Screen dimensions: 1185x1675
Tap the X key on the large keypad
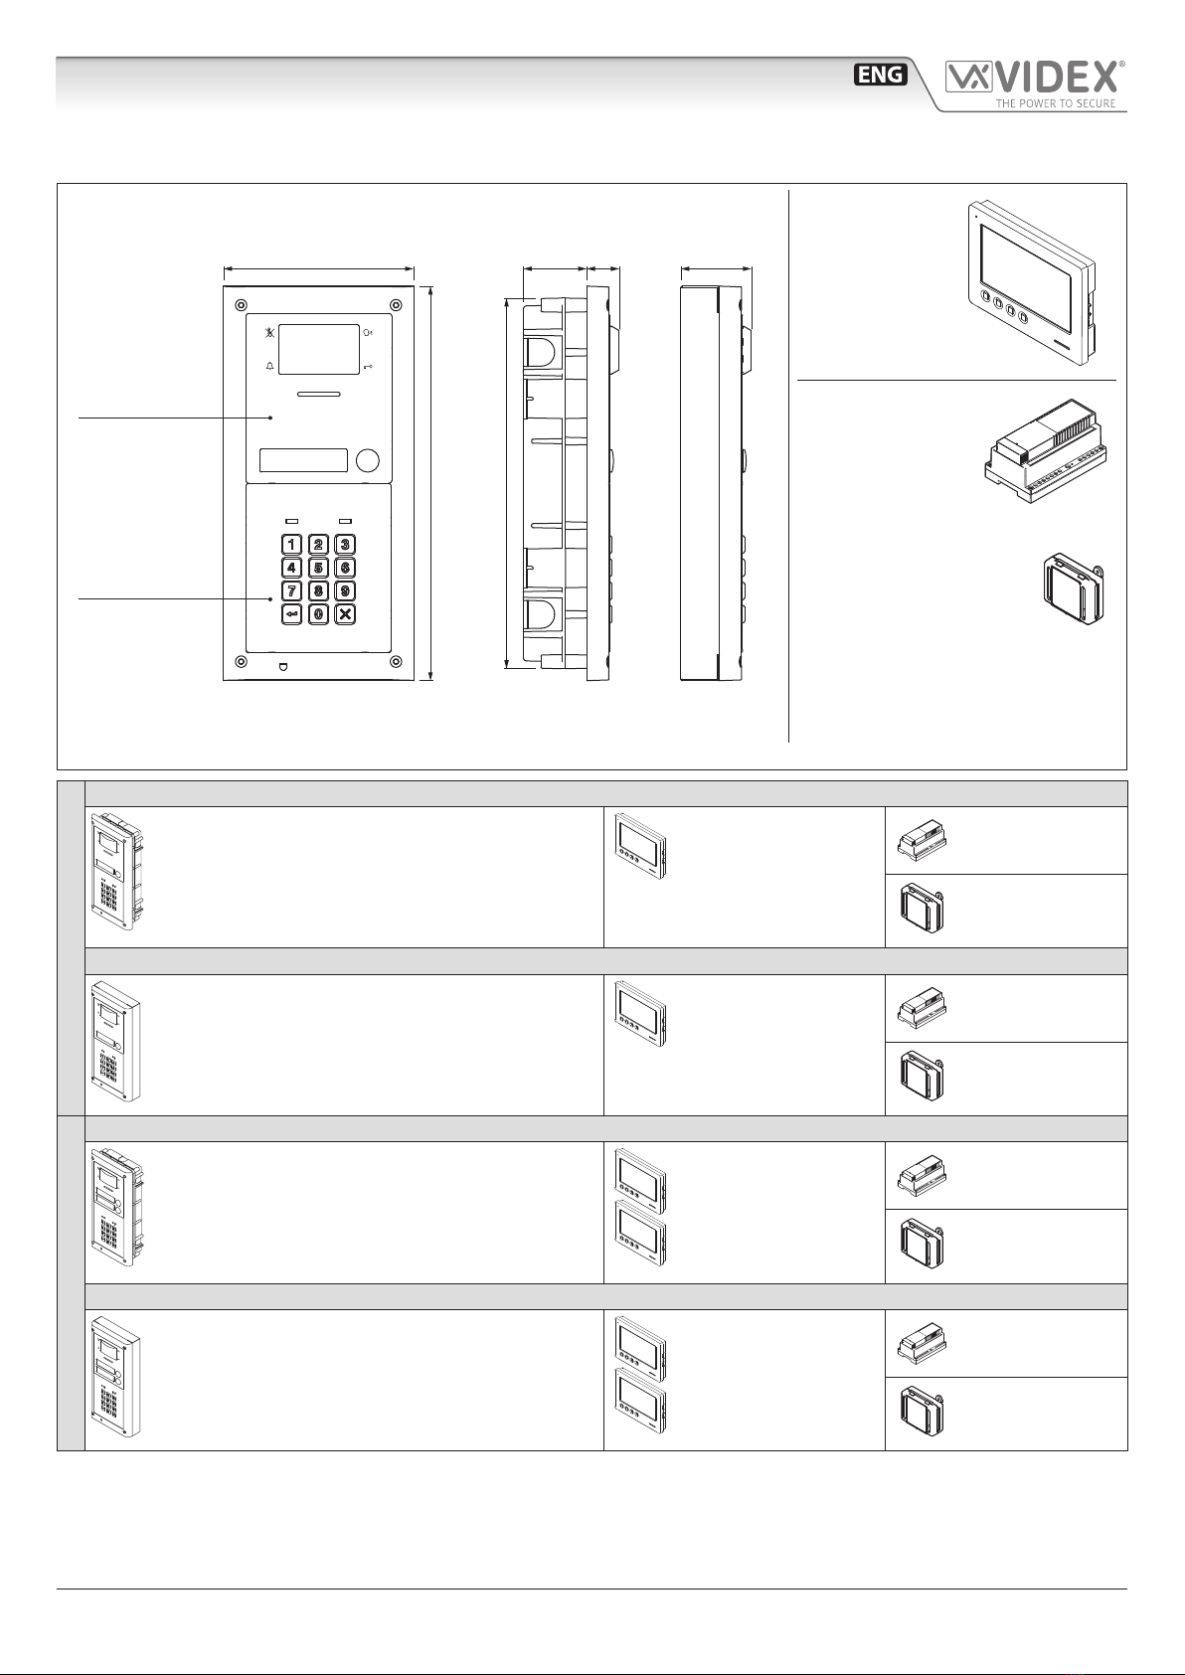pyautogui.click(x=345, y=614)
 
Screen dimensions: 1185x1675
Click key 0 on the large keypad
pyautogui.click(x=318, y=614)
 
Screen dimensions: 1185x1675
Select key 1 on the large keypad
pyautogui.click(x=291, y=545)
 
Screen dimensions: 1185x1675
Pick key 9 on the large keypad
pyautogui.click(x=345, y=590)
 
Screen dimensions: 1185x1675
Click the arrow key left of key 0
pyautogui.click(x=291, y=614)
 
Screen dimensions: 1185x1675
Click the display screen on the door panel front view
pyautogui.click(x=318, y=349)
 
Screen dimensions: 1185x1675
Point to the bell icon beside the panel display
pyautogui.click(x=269, y=367)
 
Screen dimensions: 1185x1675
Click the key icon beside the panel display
pyautogui.click(x=368, y=367)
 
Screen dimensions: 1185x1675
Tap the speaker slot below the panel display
pyautogui.click(x=318, y=394)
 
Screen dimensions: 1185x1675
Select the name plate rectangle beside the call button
pyautogui.click(x=303, y=460)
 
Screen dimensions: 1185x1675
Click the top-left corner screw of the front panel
pyautogui.click(x=241, y=305)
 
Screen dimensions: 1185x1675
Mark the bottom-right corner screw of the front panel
pyautogui.click(x=397, y=662)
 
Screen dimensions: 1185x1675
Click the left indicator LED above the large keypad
pyautogui.click(x=291, y=521)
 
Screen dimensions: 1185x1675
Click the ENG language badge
pyautogui.click(x=881, y=74)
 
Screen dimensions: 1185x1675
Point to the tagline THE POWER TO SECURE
pyautogui.click(x=1055, y=103)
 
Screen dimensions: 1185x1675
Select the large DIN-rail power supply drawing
pyautogui.click(x=1046, y=450)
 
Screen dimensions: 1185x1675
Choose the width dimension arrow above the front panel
pyautogui.click(x=318, y=269)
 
